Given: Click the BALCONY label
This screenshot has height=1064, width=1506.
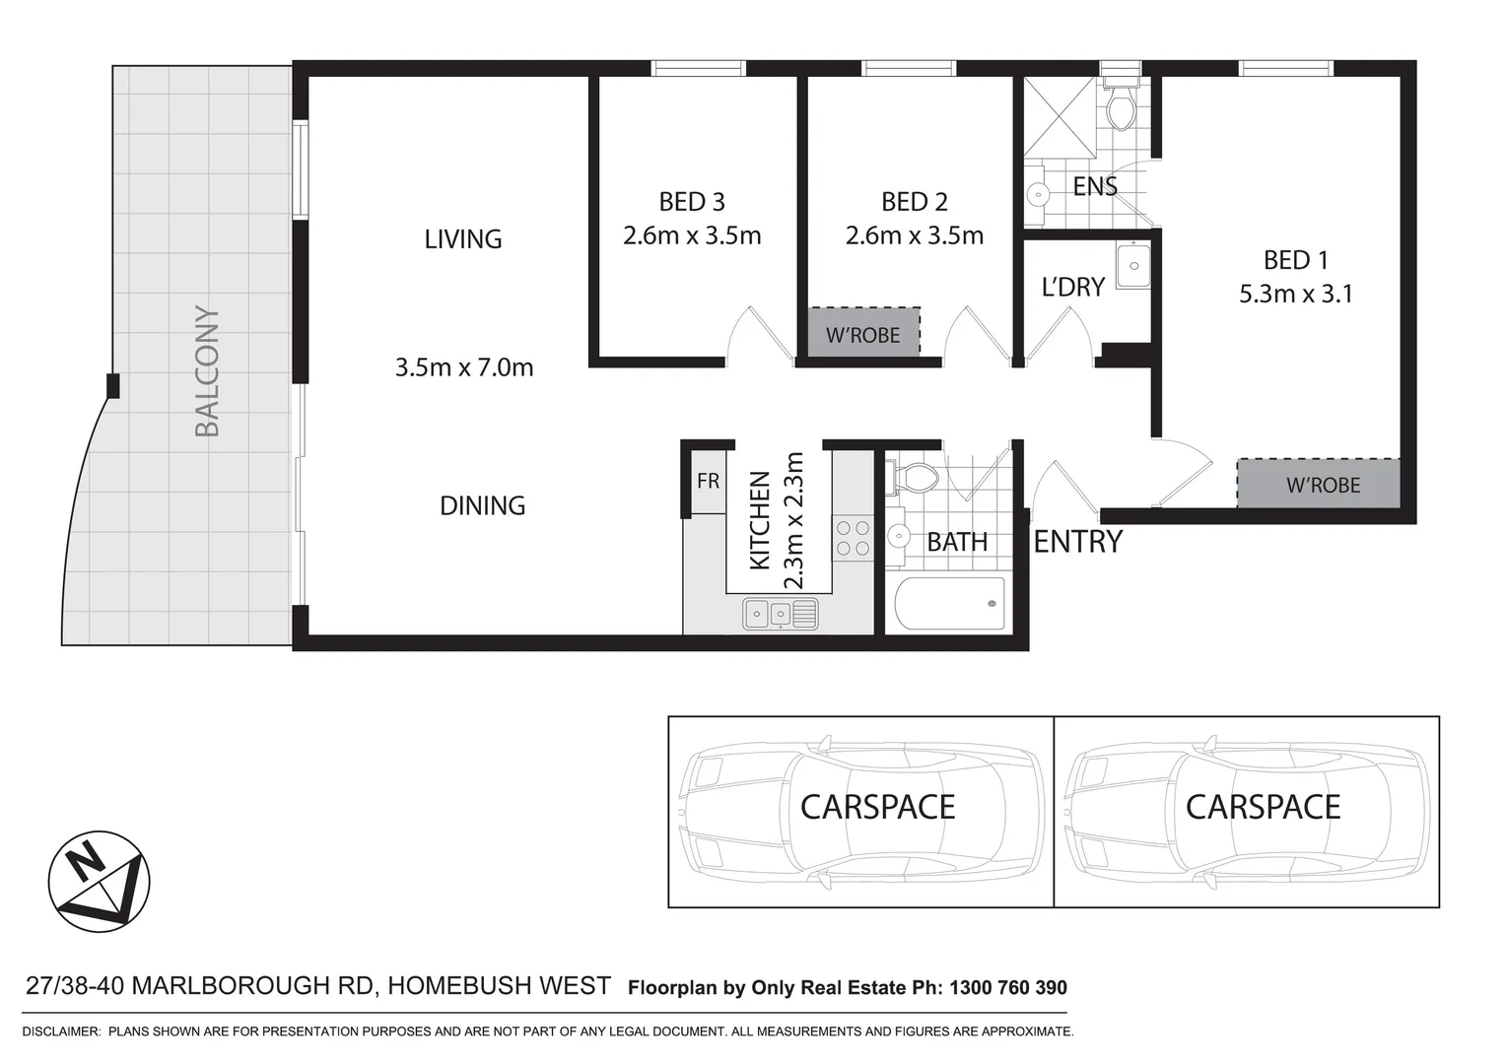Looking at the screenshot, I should [x=207, y=371].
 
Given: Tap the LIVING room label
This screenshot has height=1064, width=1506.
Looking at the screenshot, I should [x=463, y=239].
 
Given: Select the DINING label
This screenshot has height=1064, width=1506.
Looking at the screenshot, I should [x=482, y=506].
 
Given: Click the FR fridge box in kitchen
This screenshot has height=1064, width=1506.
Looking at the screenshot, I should [x=708, y=482].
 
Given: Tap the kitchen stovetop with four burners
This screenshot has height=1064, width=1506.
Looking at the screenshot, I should [x=853, y=538].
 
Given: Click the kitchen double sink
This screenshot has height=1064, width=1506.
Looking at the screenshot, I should [x=780, y=614].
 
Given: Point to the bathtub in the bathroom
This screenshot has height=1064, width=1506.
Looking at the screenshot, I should [x=949, y=603].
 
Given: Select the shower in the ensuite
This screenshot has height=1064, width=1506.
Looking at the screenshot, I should [x=1059, y=116].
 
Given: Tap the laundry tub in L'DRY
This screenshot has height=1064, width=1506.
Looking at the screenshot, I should [x=1133, y=265].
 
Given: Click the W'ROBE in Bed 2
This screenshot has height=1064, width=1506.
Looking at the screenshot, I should [x=863, y=335].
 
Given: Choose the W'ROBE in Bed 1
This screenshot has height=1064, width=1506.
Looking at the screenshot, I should [x=1321, y=485].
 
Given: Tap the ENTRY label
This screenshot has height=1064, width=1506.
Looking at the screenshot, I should [x=1077, y=542].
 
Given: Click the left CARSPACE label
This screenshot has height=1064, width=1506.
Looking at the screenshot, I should [x=877, y=808].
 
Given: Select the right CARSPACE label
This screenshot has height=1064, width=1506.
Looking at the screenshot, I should [x=1263, y=808].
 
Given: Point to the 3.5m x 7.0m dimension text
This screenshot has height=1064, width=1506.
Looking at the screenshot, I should [x=464, y=368].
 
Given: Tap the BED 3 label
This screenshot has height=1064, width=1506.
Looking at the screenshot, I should [x=692, y=202].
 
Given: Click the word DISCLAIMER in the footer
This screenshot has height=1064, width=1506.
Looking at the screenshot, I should [x=61, y=1031].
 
